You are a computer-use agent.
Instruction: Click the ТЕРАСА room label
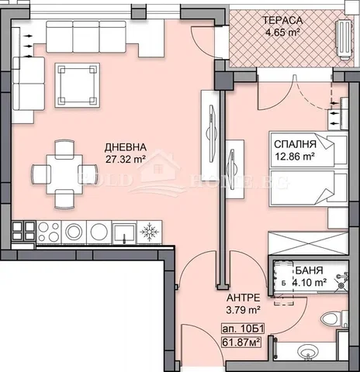pos(282,20)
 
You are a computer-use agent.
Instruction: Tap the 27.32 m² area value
pos(125,159)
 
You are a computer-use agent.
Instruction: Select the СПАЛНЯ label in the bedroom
pos(295,144)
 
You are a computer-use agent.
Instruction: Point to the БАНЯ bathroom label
pos(309,270)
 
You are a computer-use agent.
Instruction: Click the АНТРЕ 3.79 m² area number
pos(243,310)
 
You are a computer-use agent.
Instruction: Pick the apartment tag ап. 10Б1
pos(243,329)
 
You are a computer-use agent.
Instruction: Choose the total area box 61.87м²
pos(241,343)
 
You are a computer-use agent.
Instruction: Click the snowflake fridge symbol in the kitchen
pos(149,232)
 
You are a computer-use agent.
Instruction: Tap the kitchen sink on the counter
pos(125,232)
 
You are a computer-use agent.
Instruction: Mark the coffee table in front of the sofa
pos(78,85)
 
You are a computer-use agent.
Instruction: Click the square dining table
pos(64,174)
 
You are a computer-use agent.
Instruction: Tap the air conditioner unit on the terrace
pos(344,40)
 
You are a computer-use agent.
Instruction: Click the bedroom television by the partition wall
pos(232,170)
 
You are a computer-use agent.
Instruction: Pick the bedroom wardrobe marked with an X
pos(309,243)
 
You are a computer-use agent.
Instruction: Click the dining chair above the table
pos(64,149)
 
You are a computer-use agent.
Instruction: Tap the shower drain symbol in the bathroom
pos(341,285)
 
